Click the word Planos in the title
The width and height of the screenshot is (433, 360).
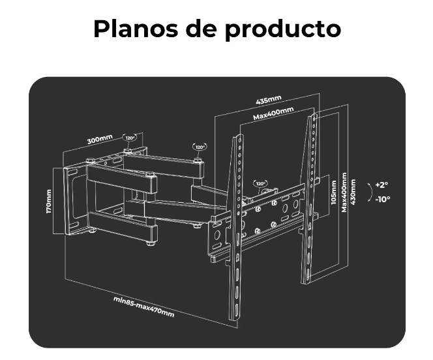tap(136, 29)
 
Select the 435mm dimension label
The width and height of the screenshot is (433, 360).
tap(269, 99)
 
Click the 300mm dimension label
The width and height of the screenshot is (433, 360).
tap(100, 139)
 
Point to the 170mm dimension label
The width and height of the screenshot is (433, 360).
tap(49, 202)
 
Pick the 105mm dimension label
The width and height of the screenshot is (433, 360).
tap(334, 192)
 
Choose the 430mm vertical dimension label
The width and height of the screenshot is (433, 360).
tap(353, 192)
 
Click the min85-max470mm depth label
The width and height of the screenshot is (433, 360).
tap(143, 307)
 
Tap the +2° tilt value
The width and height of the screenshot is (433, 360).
tap(381, 185)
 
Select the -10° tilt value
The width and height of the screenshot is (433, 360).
tap(383, 199)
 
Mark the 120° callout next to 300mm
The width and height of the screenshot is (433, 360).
tap(130, 138)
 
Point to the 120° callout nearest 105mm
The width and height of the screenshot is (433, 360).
tap(260, 184)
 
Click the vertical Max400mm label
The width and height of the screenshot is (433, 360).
tap(344, 192)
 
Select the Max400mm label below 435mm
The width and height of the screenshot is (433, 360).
tap(273, 113)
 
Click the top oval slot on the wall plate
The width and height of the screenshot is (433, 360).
tap(73, 173)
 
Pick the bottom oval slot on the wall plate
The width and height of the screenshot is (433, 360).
tap(74, 225)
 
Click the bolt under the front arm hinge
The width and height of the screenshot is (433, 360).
tap(151, 243)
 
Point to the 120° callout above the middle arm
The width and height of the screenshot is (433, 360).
tap(200, 147)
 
